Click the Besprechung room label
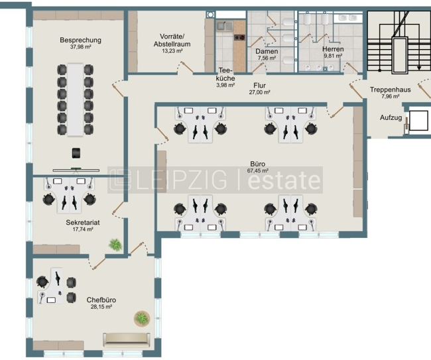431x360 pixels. [x=80, y=40]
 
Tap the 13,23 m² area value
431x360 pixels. [x=172, y=51]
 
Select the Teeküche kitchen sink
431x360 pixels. [x=225, y=26]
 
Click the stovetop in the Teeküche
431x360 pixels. [x=239, y=37]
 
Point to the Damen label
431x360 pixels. [x=267, y=52]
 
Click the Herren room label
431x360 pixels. [x=333, y=49]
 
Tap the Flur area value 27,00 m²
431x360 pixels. [x=259, y=92]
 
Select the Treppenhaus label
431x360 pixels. [x=390, y=90]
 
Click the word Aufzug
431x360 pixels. [x=391, y=117]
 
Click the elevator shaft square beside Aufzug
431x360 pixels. [x=418, y=121]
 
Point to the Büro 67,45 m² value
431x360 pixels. [x=257, y=170]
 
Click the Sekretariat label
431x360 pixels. [x=83, y=222]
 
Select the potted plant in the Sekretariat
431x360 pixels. [x=115, y=244]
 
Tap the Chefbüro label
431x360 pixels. [x=101, y=300]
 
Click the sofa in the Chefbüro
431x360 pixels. [x=127, y=340]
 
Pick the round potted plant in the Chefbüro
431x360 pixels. [x=142, y=318]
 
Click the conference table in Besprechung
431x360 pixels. [x=76, y=99]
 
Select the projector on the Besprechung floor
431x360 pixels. [x=76, y=153]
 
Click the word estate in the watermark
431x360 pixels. [x=284, y=180]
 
